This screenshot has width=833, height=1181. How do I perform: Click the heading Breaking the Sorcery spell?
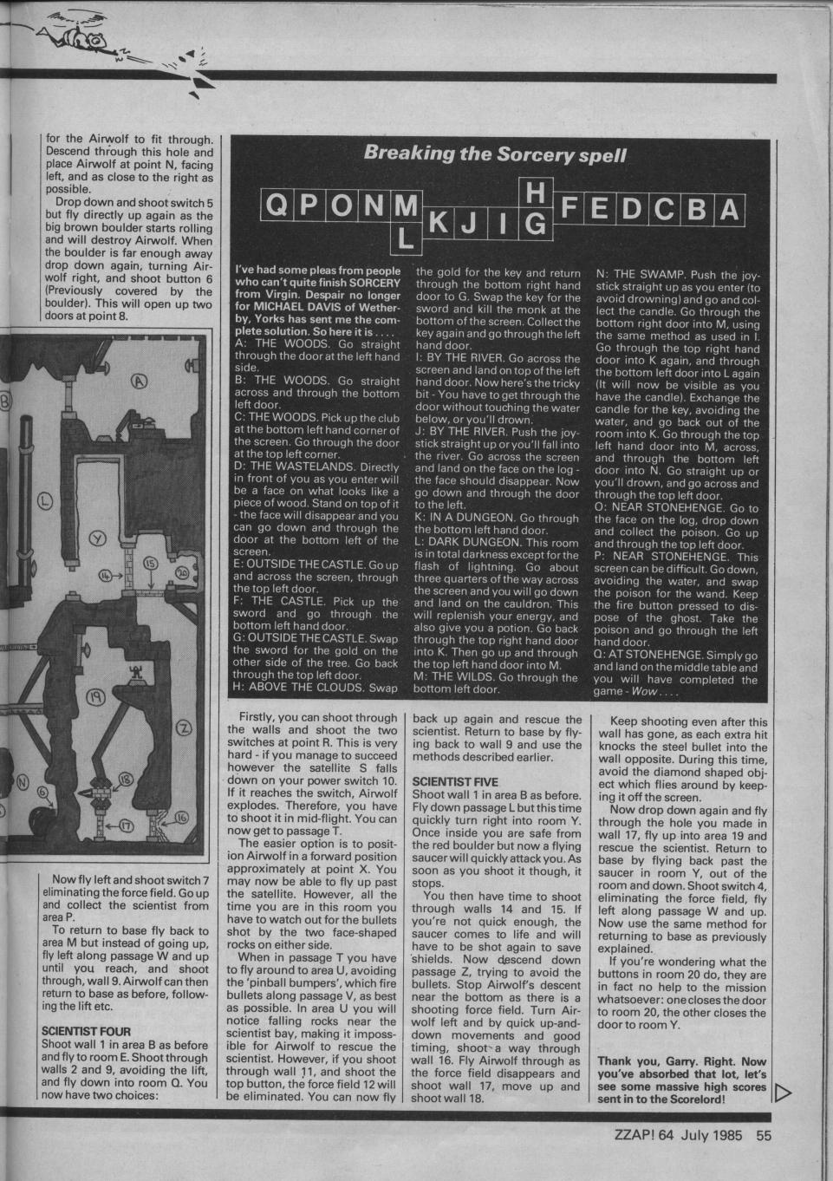point(495,153)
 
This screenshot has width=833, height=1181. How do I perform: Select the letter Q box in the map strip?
point(278,210)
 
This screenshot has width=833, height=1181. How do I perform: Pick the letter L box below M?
point(404,238)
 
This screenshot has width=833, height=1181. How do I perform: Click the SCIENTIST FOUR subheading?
point(85,1031)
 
